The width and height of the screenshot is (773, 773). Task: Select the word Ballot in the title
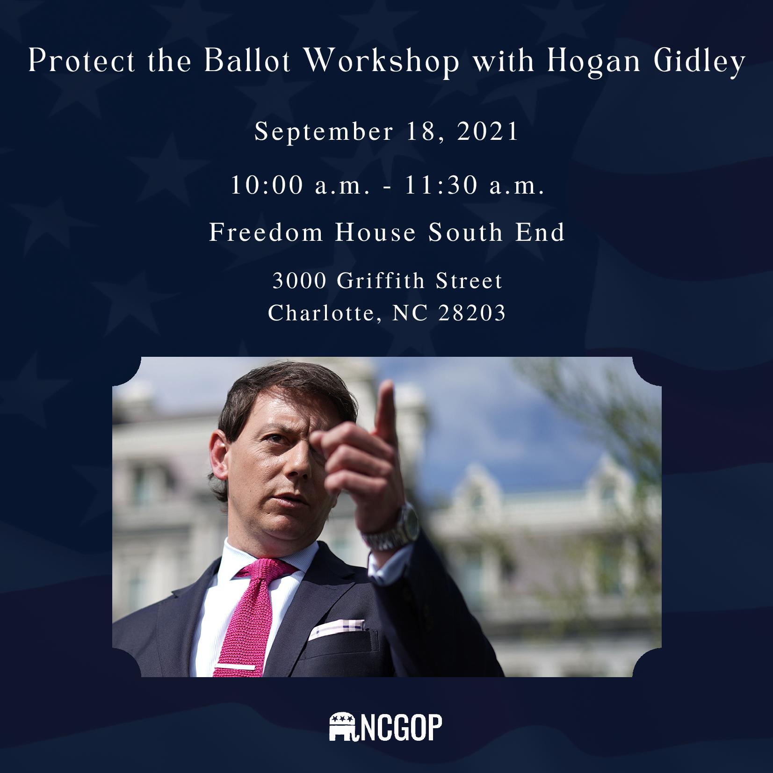point(248,62)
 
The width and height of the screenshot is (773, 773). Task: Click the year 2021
point(487,132)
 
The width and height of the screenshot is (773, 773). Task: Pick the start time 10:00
point(267,186)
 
